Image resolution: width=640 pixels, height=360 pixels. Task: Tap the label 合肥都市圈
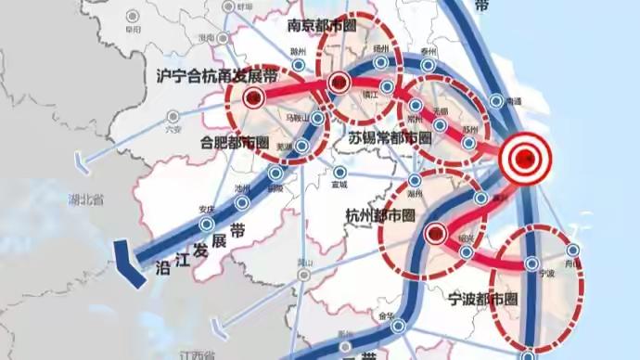[x=235, y=143]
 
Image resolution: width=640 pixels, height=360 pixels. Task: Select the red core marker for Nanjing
[x=338, y=82]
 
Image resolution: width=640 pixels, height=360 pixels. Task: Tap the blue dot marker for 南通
[x=496, y=100]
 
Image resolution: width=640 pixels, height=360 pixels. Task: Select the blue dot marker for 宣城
[x=341, y=173]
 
